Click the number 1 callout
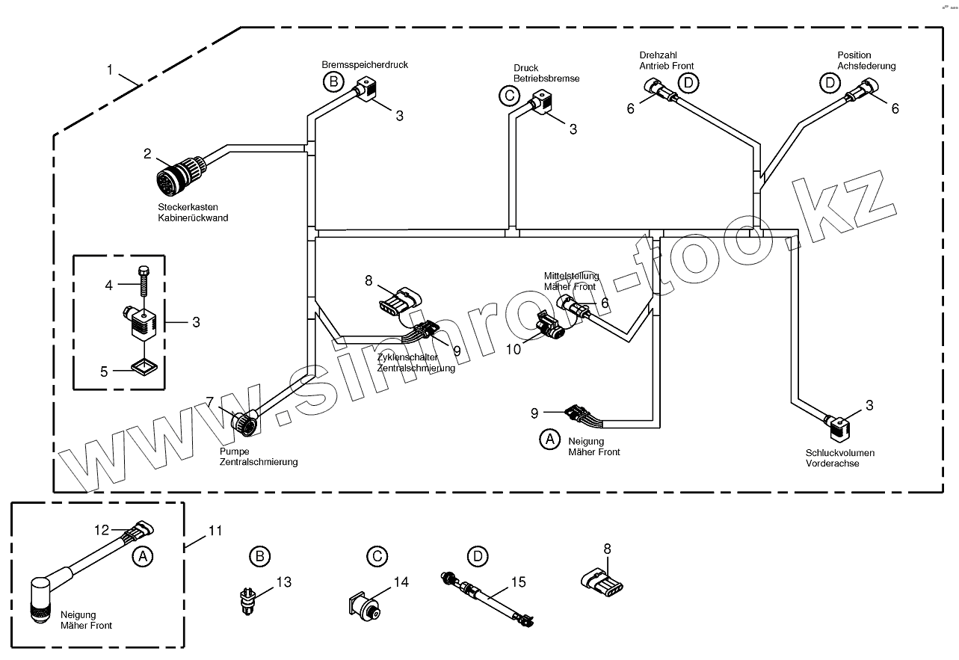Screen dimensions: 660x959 [110, 70]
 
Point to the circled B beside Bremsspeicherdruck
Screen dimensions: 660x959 [333, 82]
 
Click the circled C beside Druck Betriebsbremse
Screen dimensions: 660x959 [509, 95]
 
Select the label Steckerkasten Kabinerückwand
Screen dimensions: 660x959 [192, 212]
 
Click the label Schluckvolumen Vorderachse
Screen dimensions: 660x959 [839, 457]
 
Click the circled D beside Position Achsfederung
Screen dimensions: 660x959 [830, 82]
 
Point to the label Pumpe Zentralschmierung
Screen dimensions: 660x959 [258, 457]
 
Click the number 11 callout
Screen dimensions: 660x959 [215, 531]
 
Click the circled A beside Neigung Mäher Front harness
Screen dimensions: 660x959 [549, 440]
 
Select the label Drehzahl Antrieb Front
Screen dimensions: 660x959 [666, 61]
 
